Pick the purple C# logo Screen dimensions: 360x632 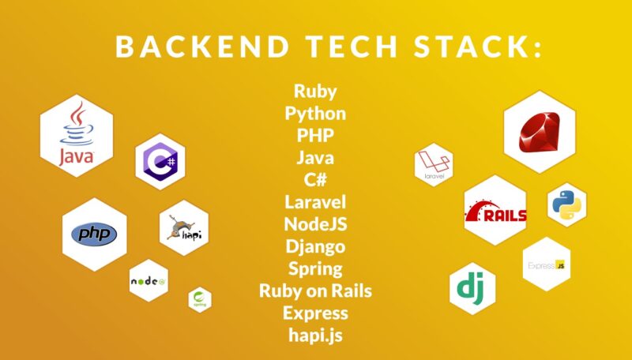coord(160,161)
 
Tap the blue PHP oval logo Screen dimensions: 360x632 coord(94,234)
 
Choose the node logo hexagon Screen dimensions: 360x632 coord(149,280)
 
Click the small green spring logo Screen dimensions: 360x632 coord(199,299)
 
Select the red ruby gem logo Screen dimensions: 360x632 coord(540,131)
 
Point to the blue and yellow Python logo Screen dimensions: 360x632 coord(567,204)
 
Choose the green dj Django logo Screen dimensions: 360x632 coord(472,288)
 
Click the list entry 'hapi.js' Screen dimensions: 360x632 coord(316,335)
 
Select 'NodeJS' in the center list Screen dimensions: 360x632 coord(316,224)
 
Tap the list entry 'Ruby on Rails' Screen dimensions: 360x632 coord(316,291)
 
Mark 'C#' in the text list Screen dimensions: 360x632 coord(316,180)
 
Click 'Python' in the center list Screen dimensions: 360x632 coord(316,113)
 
